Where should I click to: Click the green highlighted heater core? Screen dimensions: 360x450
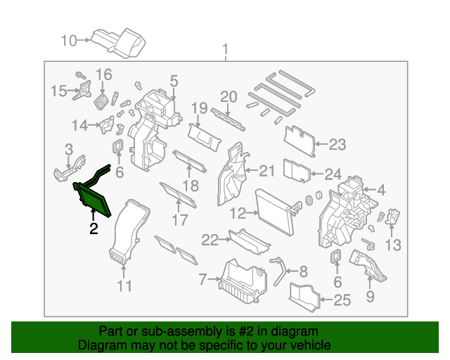[x=94, y=198]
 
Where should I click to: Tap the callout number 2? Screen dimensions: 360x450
[x=93, y=228]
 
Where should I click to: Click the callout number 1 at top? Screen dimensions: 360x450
[x=225, y=50]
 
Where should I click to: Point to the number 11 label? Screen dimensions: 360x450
[x=124, y=286]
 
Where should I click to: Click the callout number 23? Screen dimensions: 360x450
[x=337, y=145]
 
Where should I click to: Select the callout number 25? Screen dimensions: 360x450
[x=341, y=302]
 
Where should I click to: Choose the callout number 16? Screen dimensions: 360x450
[x=103, y=75]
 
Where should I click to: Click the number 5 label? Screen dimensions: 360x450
[x=174, y=81]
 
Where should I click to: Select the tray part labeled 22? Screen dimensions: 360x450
[x=250, y=243]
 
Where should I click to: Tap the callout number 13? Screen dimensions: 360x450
[x=392, y=245]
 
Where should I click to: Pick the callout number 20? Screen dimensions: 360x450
[x=229, y=96]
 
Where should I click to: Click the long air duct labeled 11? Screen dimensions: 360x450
[x=128, y=232]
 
